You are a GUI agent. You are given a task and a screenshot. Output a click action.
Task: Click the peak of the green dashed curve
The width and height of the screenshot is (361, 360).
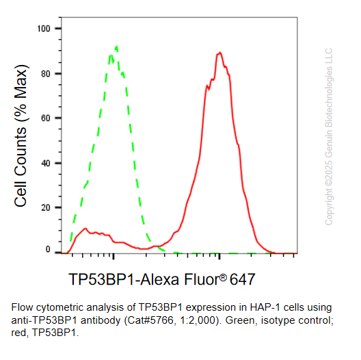tap(117, 47)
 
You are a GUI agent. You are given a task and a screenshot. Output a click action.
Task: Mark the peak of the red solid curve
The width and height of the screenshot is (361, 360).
tap(219, 53)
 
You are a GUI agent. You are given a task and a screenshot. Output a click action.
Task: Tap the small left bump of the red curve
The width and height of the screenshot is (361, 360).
tap(85, 229)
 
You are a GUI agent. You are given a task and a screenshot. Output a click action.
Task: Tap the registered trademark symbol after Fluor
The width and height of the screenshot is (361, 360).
tap(223, 276)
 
